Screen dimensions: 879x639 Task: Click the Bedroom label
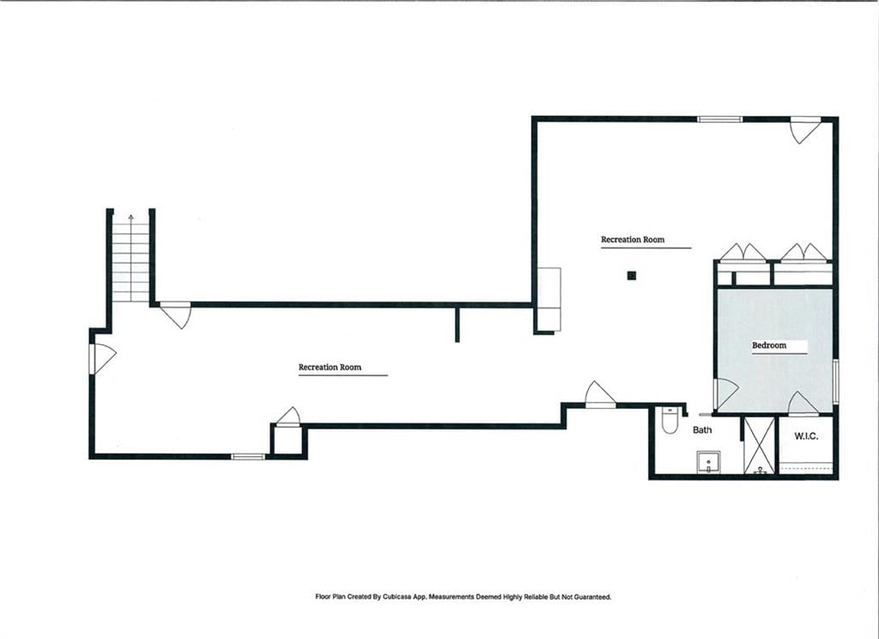[768, 345]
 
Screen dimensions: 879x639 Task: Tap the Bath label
[702, 429]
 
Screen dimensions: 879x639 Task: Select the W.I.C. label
[805, 436]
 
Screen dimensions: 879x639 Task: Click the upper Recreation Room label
[633, 240]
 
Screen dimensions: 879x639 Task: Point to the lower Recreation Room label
[330, 367]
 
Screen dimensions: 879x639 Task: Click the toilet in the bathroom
[670, 420]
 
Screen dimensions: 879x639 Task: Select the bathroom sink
[708, 462]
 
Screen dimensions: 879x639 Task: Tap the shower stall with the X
[759, 446]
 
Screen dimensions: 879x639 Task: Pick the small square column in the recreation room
[631, 276]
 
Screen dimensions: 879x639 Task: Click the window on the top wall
[720, 119]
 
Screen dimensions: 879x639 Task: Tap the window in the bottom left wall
[248, 457]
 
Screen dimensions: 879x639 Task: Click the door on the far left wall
[103, 358]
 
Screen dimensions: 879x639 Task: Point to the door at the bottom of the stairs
[175, 314]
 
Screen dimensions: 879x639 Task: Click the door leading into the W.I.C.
[803, 404]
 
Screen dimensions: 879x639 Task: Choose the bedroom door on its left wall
[725, 393]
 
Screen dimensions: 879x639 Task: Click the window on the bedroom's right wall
[835, 381]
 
